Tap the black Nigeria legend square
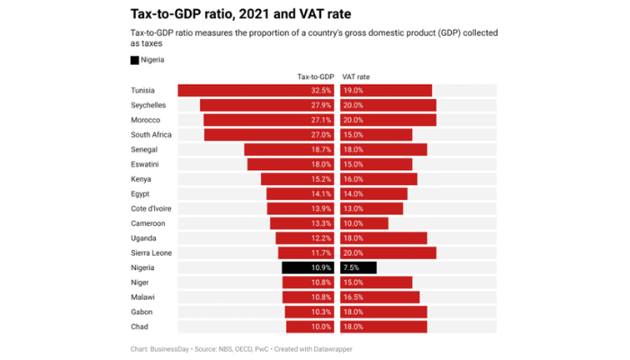(x=135, y=60)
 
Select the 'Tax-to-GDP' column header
(x=315, y=76)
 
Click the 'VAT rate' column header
(x=356, y=76)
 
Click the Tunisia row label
(x=143, y=91)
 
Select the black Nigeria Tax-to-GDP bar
(x=308, y=267)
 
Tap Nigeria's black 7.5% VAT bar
(x=359, y=267)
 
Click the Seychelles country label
(x=148, y=105)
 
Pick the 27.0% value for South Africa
(x=321, y=135)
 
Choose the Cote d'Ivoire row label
(x=151, y=209)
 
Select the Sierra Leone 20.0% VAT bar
(x=388, y=253)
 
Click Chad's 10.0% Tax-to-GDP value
(x=321, y=327)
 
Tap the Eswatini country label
(x=146, y=165)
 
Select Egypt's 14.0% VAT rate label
(x=353, y=193)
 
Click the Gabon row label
(x=141, y=311)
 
